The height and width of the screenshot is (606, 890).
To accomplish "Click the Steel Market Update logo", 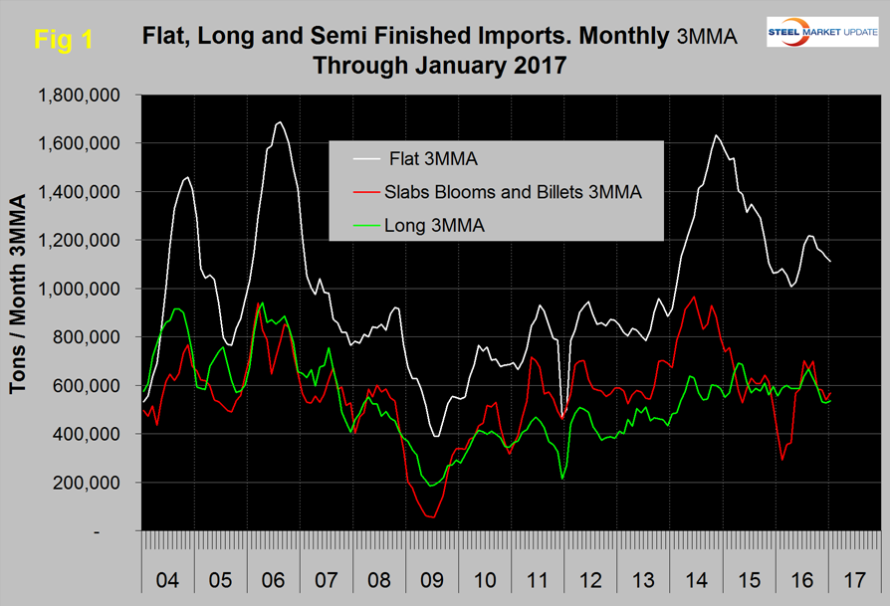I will tap(821, 33).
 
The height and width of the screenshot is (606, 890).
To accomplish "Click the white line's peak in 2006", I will tap(279, 122).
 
